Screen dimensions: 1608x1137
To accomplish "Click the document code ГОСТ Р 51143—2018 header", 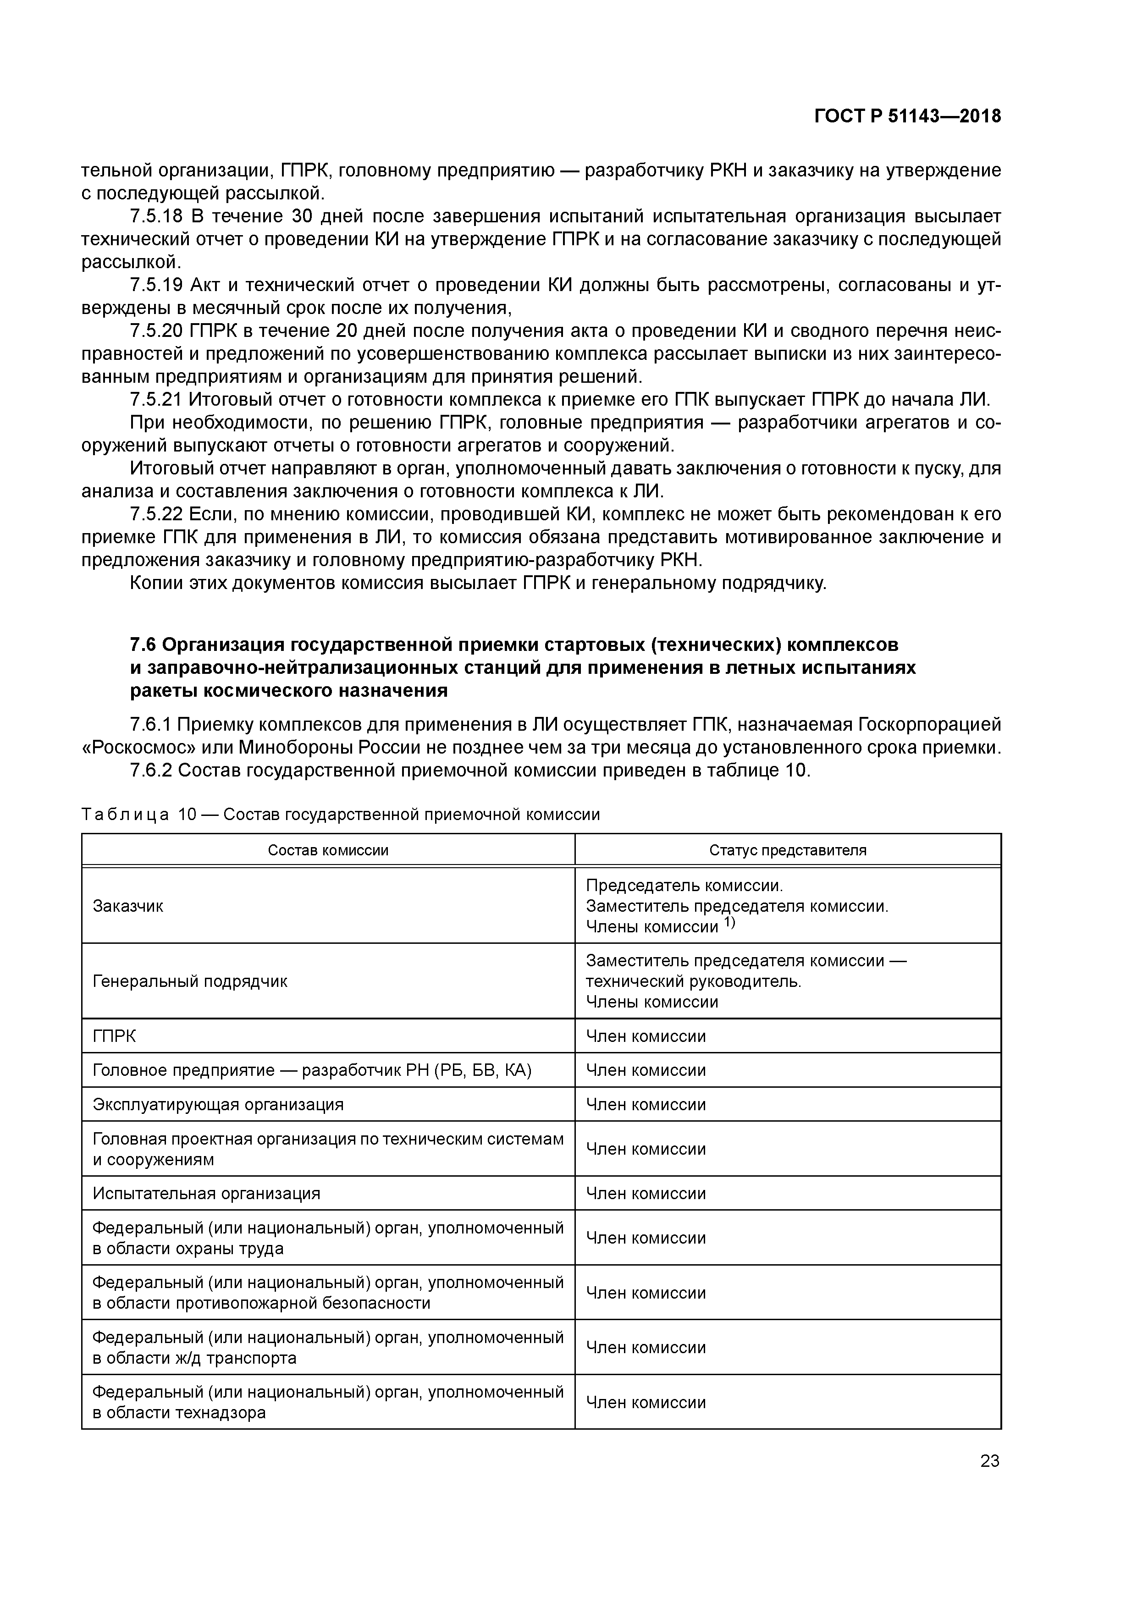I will click(x=907, y=116).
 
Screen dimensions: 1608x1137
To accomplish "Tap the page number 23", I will click(x=989, y=1460).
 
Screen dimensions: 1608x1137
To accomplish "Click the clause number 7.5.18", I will click(x=155, y=216).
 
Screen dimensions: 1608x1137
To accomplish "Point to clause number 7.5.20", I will click(x=155, y=330).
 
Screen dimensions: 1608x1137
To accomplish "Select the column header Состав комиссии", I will click(x=328, y=850).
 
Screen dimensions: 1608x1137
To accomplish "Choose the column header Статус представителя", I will click(x=788, y=850).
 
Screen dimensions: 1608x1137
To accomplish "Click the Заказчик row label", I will click(x=128, y=906).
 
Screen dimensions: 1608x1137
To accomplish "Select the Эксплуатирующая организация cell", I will click(x=218, y=1104).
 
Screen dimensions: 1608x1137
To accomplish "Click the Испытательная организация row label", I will click(x=206, y=1193).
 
